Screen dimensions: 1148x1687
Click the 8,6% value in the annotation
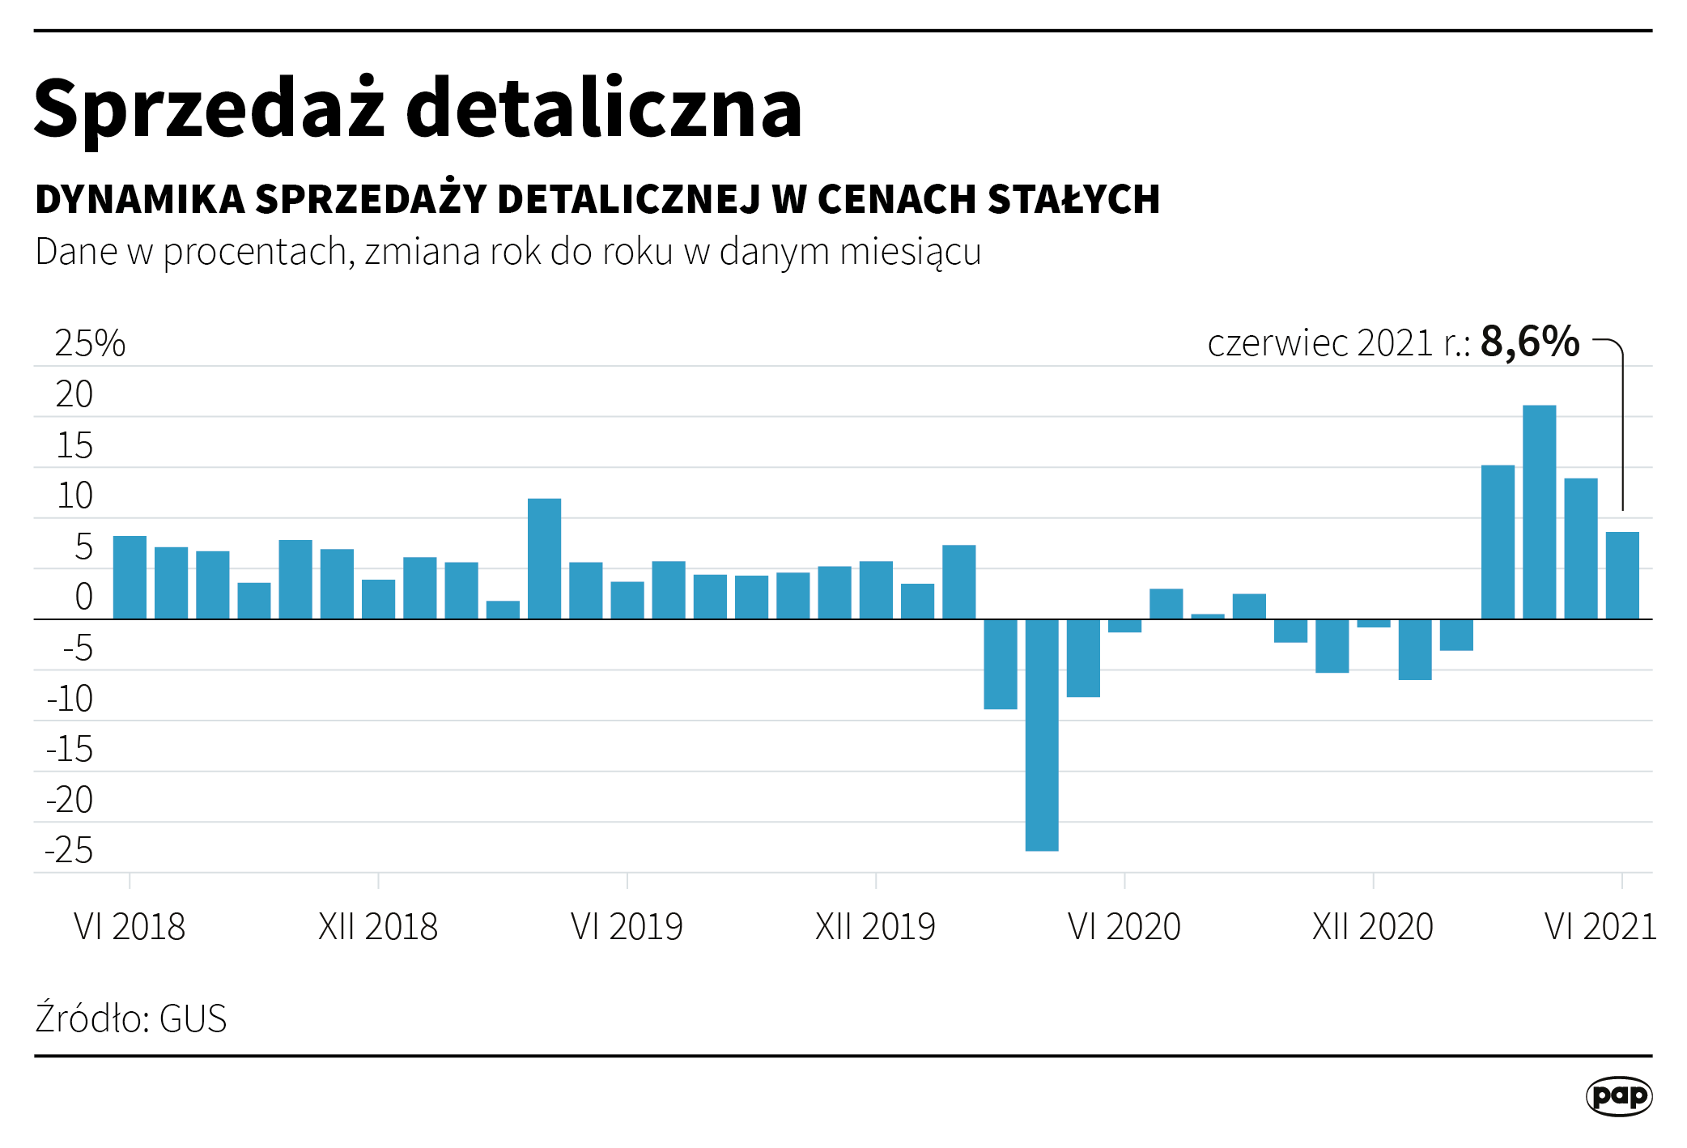tap(1529, 342)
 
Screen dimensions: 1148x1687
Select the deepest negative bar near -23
tap(1041, 734)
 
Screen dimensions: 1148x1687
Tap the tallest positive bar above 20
tap(1539, 512)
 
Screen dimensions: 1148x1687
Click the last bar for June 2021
tap(1622, 575)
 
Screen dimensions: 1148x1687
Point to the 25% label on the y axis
tap(90, 343)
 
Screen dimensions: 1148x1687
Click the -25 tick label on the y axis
tap(69, 850)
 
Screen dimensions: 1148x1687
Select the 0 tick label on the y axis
tap(83, 597)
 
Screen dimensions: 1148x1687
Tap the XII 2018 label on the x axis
tap(378, 926)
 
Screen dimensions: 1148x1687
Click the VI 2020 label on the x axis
tap(1124, 926)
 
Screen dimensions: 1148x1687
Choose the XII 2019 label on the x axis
tap(875, 926)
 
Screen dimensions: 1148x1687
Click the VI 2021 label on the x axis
tap(1600, 926)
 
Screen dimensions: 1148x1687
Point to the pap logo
tap(1619, 1096)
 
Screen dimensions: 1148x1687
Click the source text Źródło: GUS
tap(130, 1018)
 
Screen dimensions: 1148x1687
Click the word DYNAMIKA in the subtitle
tap(140, 199)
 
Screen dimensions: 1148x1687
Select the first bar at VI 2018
tap(130, 577)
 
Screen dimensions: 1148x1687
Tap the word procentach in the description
tap(256, 252)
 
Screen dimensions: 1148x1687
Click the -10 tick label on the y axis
tap(70, 699)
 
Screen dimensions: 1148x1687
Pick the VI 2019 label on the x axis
tap(627, 926)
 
